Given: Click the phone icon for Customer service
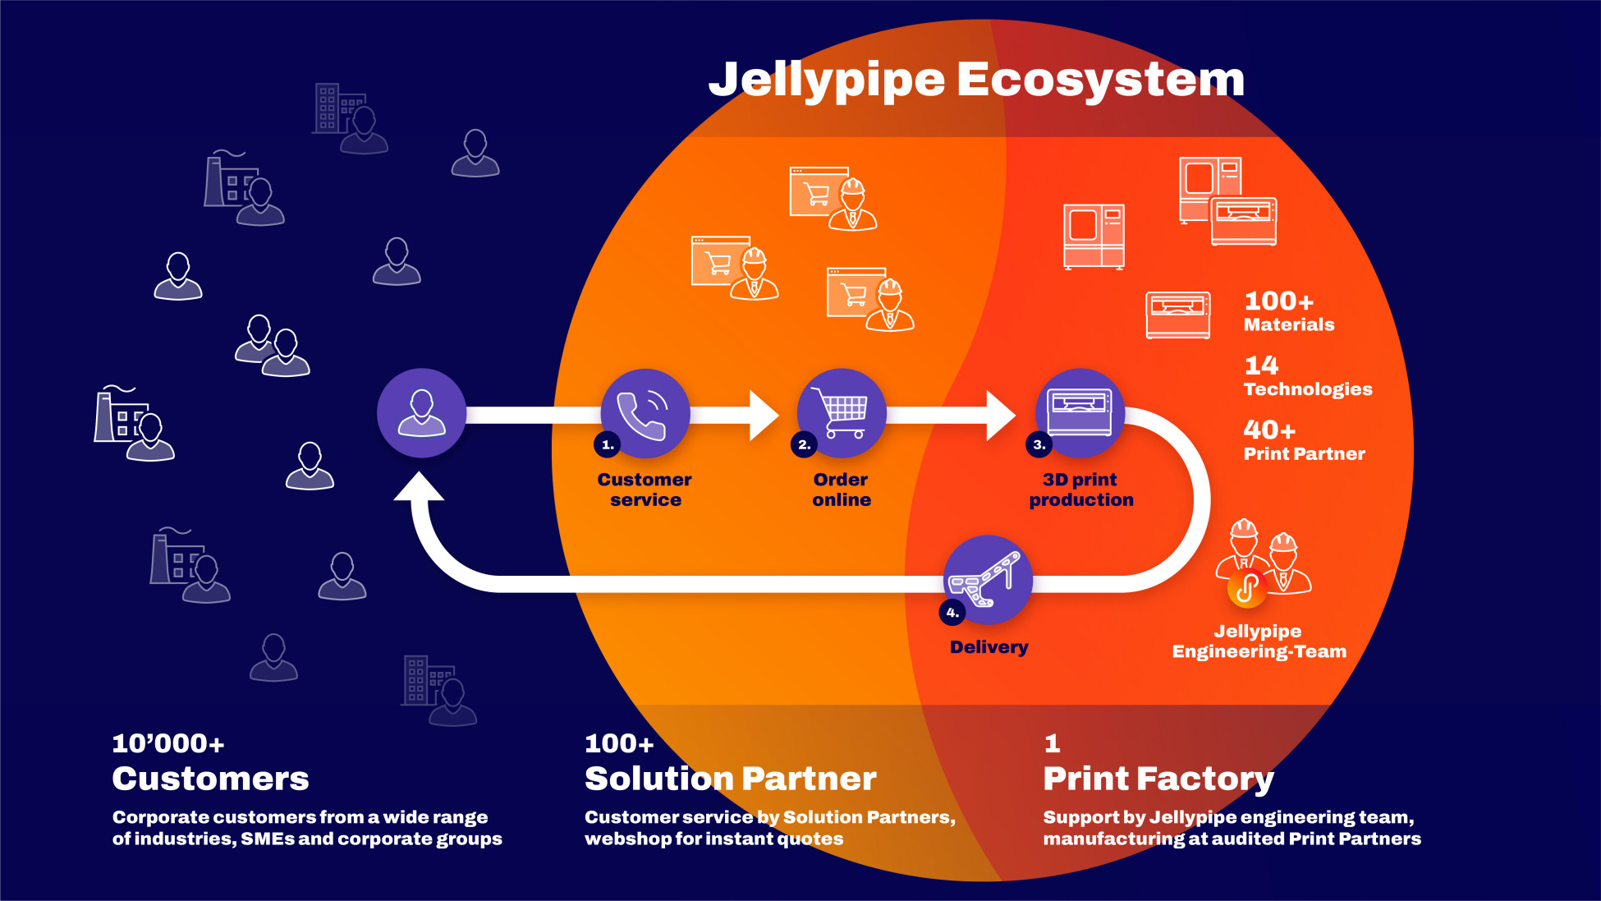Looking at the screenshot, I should (x=645, y=413).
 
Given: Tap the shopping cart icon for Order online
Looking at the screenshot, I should (x=841, y=413).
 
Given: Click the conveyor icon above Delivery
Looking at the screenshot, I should (x=987, y=579).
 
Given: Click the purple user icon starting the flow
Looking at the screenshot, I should (x=421, y=413).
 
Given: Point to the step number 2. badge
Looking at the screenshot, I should (x=804, y=445).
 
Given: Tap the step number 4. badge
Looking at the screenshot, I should (x=952, y=613).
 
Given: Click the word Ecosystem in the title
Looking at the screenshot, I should (x=1100, y=80).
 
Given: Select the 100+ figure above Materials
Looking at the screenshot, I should (x=1278, y=301).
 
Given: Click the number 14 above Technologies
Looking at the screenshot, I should (x=1261, y=365).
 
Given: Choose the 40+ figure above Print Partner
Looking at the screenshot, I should (x=1269, y=430).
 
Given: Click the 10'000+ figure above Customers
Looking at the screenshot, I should (x=168, y=744).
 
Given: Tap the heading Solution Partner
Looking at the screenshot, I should (x=730, y=779).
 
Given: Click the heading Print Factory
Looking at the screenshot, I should (x=1158, y=779).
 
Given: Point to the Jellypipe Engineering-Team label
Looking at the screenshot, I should (x=1259, y=641).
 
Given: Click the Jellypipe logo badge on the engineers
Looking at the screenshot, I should (x=1246, y=589).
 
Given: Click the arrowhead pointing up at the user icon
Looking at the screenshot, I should (x=420, y=486).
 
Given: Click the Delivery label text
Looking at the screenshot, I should (x=989, y=647).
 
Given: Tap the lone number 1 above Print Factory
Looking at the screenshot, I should (x=1052, y=744).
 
